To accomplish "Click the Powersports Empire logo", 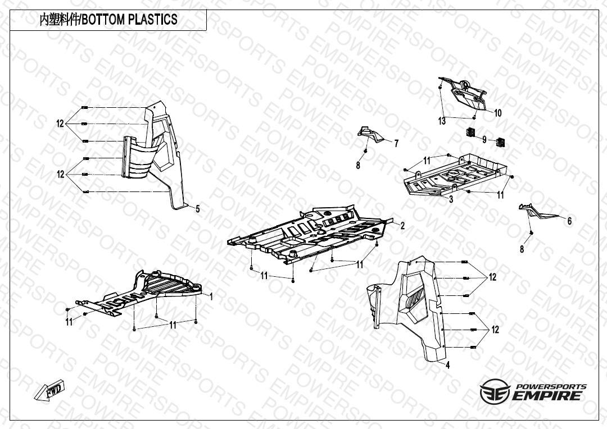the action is click(533, 391).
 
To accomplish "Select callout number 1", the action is click(211, 296).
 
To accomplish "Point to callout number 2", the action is click(402, 226).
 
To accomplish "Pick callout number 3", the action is click(451, 199).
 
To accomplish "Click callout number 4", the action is click(448, 365).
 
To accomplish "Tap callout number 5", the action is click(198, 209).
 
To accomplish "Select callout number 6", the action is click(569, 221).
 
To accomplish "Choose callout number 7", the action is click(396, 144).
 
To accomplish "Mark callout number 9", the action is click(484, 140).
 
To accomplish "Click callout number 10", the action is click(498, 113).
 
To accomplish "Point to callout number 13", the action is click(442, 121).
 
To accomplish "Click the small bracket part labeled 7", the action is click(370, 134).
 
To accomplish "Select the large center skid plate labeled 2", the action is click(310, 234).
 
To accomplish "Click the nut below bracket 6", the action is click(531, 232).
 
